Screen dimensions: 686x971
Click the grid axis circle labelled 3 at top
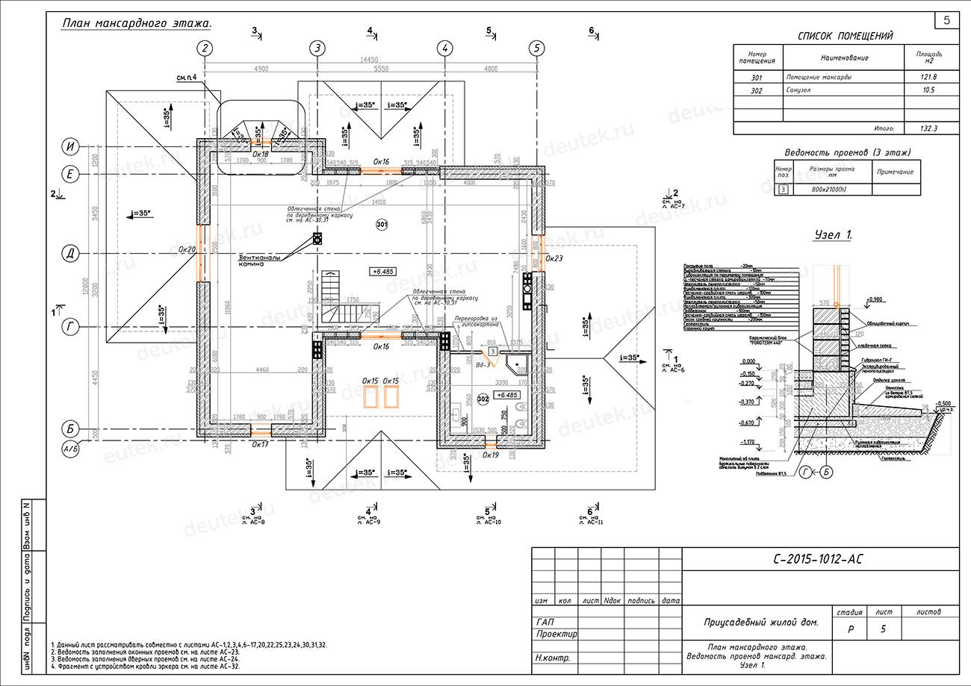tap(317, 49)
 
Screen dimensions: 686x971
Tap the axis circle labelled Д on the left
tap(70, 254)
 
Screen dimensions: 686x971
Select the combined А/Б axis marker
tap(70, 449)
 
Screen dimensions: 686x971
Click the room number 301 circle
tap(382, 224)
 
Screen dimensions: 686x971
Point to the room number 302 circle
tap(483, 399)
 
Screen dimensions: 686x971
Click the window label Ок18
tap(260, 154)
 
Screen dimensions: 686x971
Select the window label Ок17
tap(260, 444)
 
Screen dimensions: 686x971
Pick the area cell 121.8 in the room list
tap(928, 77)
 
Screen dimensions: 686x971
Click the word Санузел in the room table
tap(798, 90)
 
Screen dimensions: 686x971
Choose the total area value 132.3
tap(928, 128)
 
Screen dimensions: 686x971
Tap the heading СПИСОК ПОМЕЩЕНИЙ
tap(845, 35)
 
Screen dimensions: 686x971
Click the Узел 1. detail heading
tap(833, 235)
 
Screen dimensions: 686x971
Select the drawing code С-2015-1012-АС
tap(820, 559)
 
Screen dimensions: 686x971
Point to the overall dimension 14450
tap(370, 60)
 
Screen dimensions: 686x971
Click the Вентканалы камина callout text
tap(260, 259)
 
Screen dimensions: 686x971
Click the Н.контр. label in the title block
tap(553, 658)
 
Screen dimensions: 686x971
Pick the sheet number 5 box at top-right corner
tap(946, 21)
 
